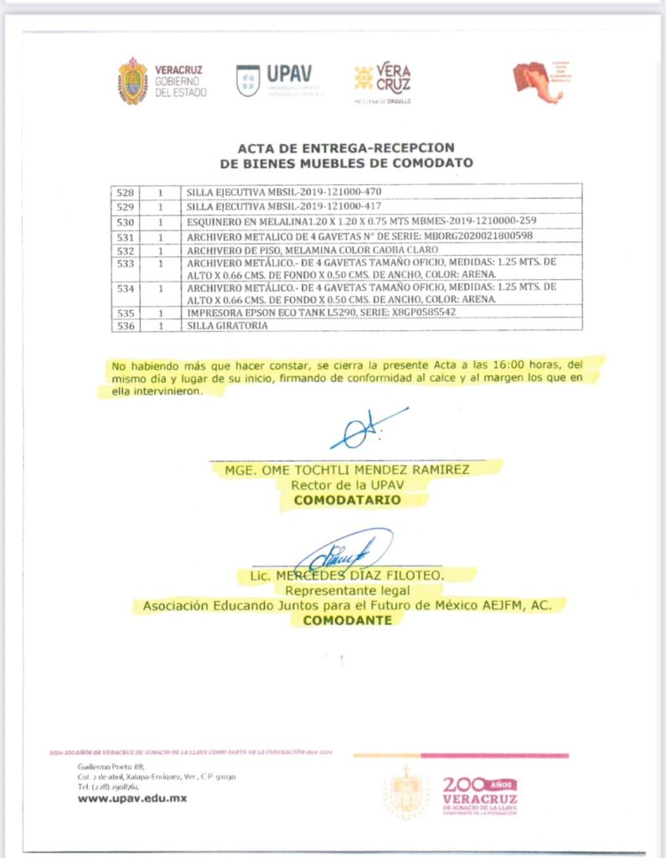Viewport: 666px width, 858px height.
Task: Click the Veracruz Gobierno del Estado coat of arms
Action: [x=132, y=81]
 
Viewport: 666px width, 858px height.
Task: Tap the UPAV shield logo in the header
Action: [x=248, y=80]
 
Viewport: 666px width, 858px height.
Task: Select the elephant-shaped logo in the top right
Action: [x=538, y=81]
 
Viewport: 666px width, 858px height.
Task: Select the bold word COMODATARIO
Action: [x=347, y=499]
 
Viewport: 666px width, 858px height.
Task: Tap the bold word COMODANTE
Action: [x=347, y=620]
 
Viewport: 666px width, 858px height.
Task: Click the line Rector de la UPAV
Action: [x=347, y=484]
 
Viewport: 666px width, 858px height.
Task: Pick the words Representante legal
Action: [x=347, y=589]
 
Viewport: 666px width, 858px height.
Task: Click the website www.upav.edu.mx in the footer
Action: [x=132, y=798]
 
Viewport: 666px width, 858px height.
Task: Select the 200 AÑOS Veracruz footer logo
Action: [x=478, y=793]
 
